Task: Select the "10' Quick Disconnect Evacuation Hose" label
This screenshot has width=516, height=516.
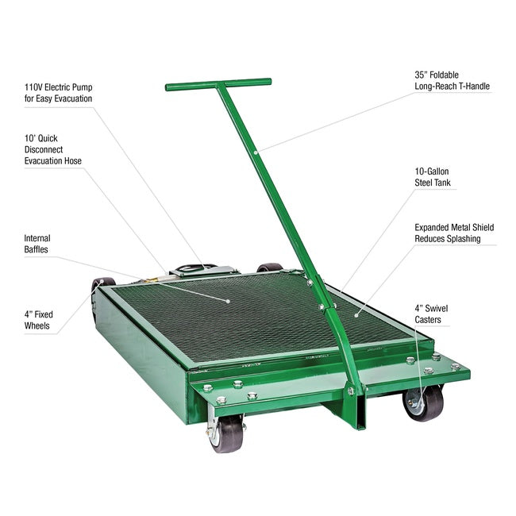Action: [53, 148]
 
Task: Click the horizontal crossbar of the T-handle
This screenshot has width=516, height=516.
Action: [218, 83]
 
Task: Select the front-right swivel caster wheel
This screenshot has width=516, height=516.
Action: [425, 402]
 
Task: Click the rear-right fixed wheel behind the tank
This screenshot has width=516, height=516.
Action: [270, 268]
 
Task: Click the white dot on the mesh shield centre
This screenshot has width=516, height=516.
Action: [229, 301]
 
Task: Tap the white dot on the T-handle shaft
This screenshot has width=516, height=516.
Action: [255, 150]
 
